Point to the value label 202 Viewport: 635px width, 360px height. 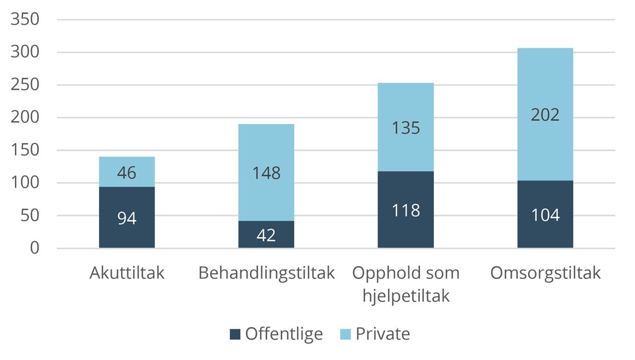545,115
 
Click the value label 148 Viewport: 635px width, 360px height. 266,173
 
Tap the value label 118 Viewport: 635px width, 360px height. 406,210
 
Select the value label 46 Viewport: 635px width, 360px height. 127,173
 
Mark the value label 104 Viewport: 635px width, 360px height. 545,215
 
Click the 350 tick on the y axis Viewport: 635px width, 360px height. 25,20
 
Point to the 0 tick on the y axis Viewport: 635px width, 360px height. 34,248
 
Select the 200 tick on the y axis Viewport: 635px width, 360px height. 25,118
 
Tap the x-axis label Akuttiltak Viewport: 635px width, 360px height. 127,273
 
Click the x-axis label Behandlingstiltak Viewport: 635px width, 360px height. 266,273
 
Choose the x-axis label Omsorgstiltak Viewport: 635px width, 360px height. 545,273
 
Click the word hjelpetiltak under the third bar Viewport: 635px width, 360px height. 406,296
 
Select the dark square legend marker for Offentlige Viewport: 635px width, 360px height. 235,334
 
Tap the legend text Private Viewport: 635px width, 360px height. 383,334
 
